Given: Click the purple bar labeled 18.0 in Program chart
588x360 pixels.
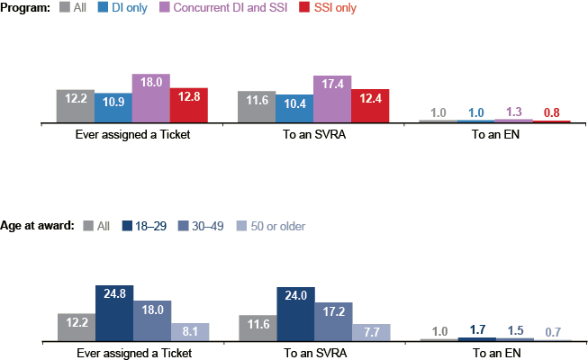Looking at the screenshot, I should pos(151,98).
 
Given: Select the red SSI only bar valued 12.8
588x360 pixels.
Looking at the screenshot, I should pos(189,105).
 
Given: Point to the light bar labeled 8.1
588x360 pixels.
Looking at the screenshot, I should pos(189,332).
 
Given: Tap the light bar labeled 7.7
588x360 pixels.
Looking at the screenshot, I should pos(371,332).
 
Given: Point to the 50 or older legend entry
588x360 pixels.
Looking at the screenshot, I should pos(267,226).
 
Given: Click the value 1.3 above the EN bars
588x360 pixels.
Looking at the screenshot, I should pos(513,112).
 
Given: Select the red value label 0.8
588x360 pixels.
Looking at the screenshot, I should pos(552,112).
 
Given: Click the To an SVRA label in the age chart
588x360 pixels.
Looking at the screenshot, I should pos(314,354).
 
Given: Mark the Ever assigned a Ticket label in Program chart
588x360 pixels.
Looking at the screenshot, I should pos(132,134).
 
